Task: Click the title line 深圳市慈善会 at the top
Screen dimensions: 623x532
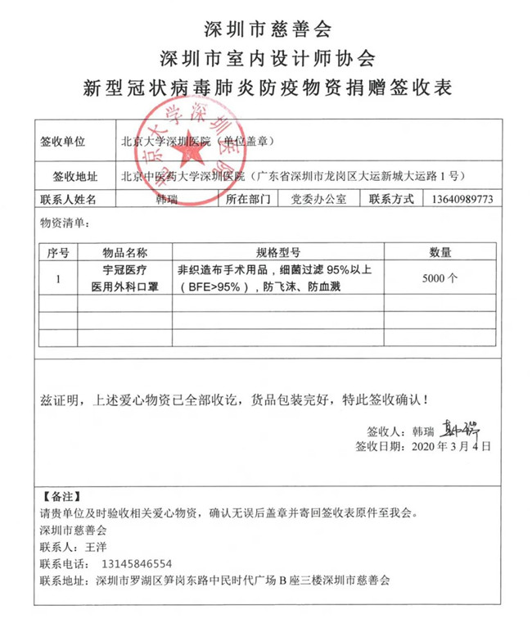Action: tap(266, 29)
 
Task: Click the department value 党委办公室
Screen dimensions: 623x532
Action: tap(318, 199)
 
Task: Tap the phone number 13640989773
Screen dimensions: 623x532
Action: tap(461, 199)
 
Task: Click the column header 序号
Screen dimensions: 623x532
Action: tap(58, 251)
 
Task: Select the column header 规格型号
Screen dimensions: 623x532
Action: tap(278, 251)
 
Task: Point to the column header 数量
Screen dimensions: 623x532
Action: tap(441, 251)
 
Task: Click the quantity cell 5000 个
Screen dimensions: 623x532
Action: tap(440, 278)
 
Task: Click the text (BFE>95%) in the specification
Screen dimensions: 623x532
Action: tap(214, 287)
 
